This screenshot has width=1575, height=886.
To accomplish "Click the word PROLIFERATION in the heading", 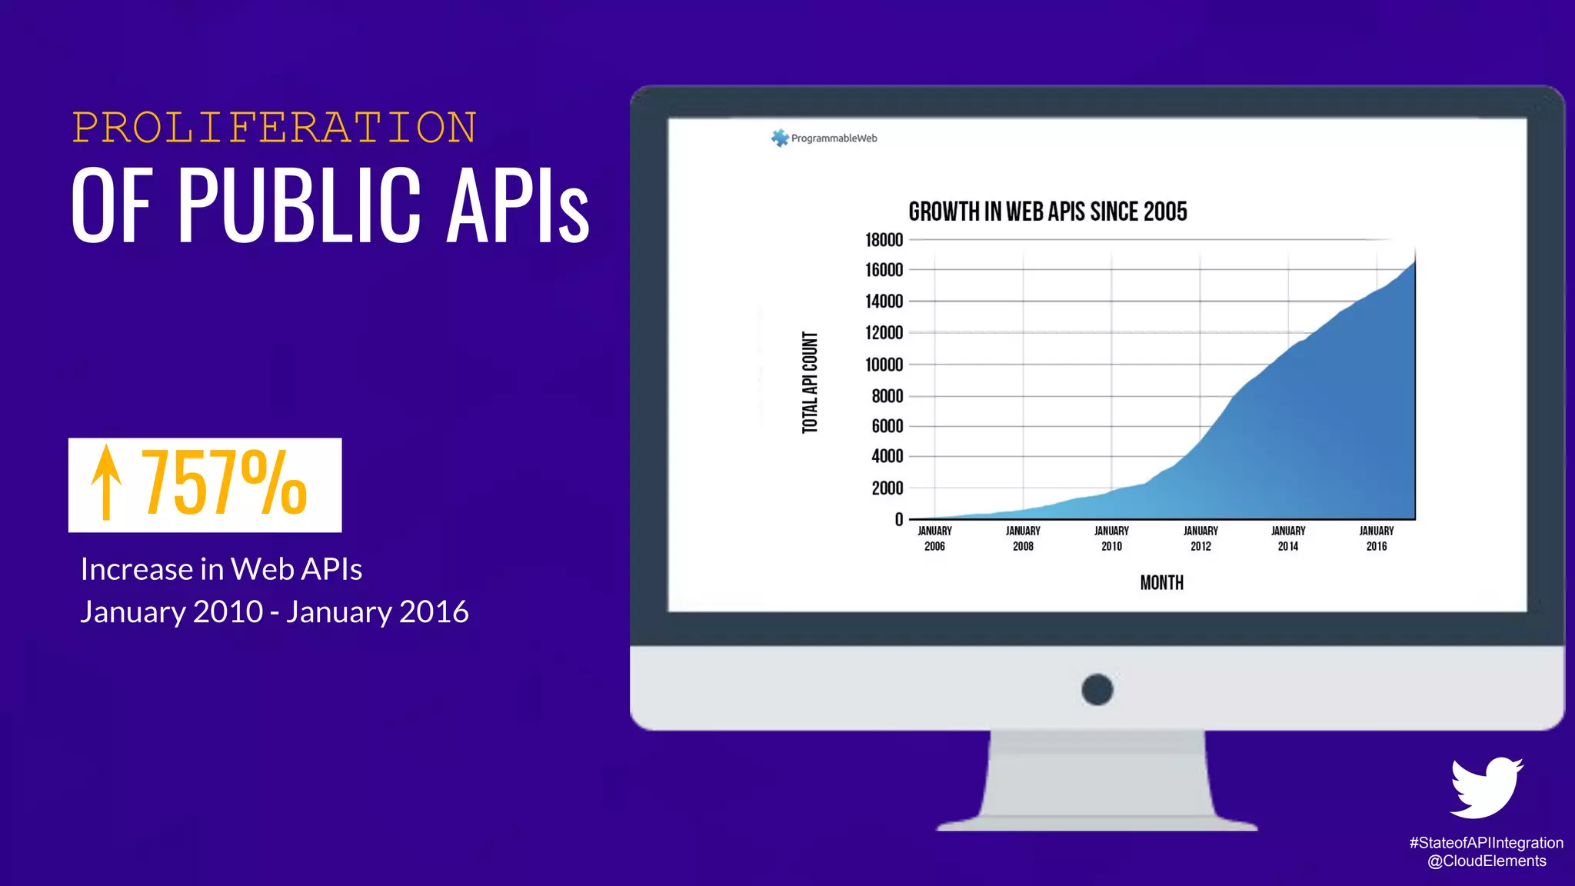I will coord(275,128).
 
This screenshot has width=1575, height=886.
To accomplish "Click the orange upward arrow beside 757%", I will coord(106,483).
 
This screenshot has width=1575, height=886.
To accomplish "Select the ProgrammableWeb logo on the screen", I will coord(824,138).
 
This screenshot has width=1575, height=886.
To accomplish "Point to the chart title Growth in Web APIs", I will coord(1047,212).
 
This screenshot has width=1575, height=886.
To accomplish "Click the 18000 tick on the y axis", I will coord(884,240).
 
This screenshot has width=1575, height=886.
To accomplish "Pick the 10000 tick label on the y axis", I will coord(884,365).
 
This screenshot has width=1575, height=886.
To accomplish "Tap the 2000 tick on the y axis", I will coord(887,488).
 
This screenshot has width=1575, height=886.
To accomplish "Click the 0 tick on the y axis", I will coord(898,520).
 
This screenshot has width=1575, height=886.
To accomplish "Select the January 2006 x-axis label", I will coord(934,538).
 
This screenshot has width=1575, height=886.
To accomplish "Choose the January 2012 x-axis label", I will coord(1200,538).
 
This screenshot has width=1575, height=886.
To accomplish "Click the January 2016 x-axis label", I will coord(1377,538).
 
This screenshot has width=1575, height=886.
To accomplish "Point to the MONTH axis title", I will coord(1161,583).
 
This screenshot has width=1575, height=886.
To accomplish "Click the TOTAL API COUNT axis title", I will coord(810,382).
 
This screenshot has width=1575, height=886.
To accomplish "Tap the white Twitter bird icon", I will coord(1486,788).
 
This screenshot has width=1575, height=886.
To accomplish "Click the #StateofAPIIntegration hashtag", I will coord(1486,843).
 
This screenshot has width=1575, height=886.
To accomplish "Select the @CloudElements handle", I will coord(1486,861).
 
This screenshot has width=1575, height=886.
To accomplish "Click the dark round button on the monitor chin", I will coord(1097,689).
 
